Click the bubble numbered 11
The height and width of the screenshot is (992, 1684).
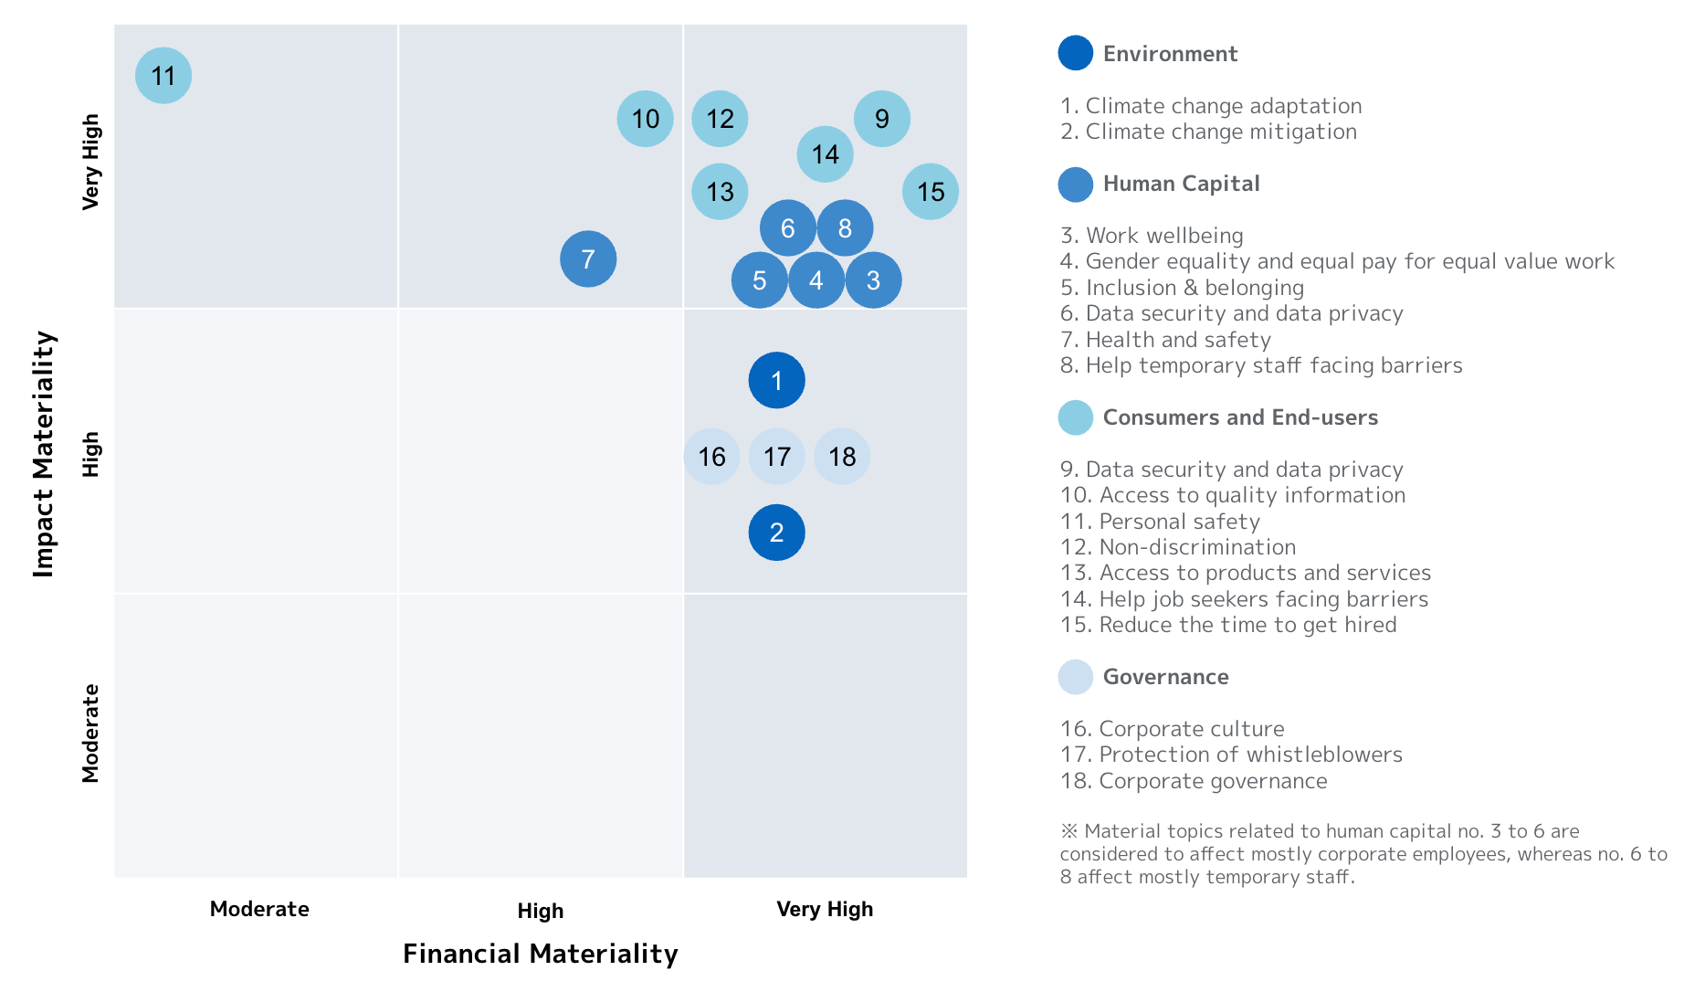tap(163, 76)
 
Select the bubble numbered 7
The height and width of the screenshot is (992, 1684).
tap(588, 259)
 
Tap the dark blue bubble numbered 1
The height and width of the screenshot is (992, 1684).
tap(776, 380)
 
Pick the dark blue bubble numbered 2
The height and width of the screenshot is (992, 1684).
tap(776, 533)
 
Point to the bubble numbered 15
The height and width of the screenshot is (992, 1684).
tap(931, 192)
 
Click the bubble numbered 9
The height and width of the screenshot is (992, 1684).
tap(882, 119)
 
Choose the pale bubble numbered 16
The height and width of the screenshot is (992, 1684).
tap(711, 456)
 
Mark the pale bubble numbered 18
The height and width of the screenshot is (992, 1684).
tap(842, 456)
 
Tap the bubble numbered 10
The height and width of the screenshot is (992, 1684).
tap(646, 119)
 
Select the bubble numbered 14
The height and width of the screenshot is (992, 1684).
tap(826, 154)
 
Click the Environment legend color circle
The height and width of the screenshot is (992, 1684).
tap(1076, 53)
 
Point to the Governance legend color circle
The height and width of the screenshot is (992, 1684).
tap(1076, 677)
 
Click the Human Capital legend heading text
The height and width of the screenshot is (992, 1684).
tap(1181, 184)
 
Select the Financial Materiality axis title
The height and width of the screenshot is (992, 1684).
tap(540, 954)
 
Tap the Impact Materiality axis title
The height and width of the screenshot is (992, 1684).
tap(44, 454)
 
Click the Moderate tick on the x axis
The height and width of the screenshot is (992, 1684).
tap(259, 909)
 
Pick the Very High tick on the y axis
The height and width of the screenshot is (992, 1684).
tap(90, 162)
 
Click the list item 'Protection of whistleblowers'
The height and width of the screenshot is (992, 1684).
tap(1231, 755)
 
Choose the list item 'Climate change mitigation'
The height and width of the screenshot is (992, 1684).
tap(1208, 132)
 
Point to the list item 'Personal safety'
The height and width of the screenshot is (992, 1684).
tap(1160, 522)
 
